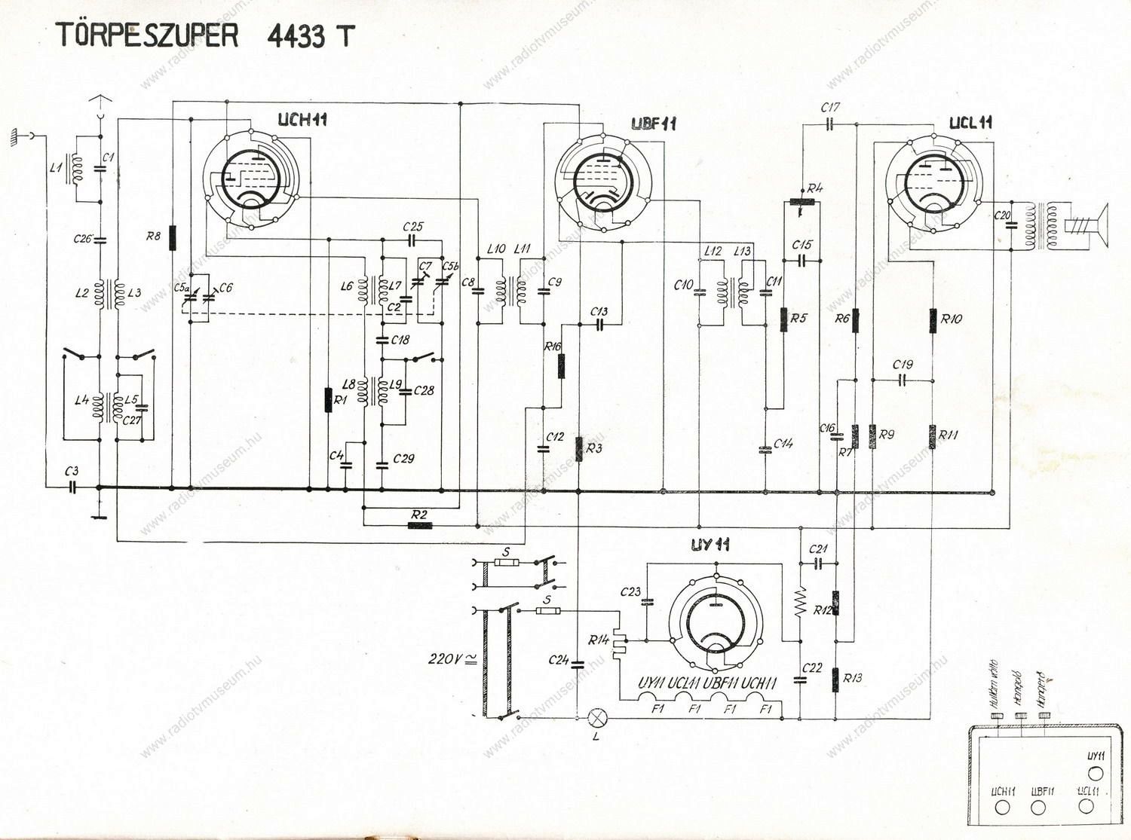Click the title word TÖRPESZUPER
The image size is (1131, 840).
(x=148, y=35)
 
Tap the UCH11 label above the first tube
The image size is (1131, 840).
(x=302, y=121)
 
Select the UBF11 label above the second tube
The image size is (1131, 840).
(x=654, y=124)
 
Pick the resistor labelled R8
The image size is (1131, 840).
(x=173, y=237)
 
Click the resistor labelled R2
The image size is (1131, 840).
(x=420, y=525)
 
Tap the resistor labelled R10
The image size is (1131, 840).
(x=933, y=319)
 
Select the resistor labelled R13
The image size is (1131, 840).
(x=836, y=680)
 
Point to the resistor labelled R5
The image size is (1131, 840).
(x=783, y=319)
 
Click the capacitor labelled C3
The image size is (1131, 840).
(x=72, y=487)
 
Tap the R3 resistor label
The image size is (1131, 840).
(x=595, y=449)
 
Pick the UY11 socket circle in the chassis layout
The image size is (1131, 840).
(x=1096, y=773)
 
